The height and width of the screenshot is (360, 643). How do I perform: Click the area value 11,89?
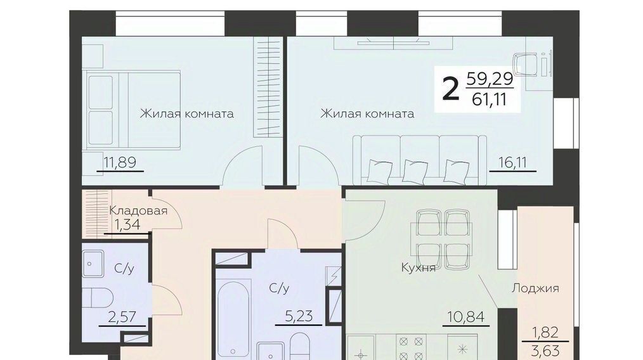click(119, 162)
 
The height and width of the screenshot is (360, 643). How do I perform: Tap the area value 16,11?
click(512, 163)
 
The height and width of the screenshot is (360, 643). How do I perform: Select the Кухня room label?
click(418, 267)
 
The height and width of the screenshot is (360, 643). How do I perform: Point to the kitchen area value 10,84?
click(466, 316)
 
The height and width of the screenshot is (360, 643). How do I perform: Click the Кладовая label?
click(138, 211)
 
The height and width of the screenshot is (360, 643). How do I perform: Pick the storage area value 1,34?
click(127, 225)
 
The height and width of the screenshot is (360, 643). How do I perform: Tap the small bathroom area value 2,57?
click(122, 316)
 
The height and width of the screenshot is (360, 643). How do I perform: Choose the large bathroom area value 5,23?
click(299, 316)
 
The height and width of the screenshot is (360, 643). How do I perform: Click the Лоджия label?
click(535, 288)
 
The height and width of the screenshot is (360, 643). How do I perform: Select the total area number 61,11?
click(489, 100)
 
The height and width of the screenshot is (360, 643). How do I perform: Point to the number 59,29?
click(490, 79)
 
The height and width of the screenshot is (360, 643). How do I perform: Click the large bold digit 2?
click(450, 89)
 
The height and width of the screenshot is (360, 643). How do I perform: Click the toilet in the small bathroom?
click(97, 298)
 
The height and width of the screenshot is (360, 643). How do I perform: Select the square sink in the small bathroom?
click(93, 264)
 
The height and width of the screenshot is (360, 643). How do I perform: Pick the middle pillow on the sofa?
click(415, 172)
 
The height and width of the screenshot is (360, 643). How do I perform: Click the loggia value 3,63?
click(546, 351)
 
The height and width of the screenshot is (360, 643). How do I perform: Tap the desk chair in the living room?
click(526, 65)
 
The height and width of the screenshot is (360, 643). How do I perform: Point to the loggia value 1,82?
click(545, 332)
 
